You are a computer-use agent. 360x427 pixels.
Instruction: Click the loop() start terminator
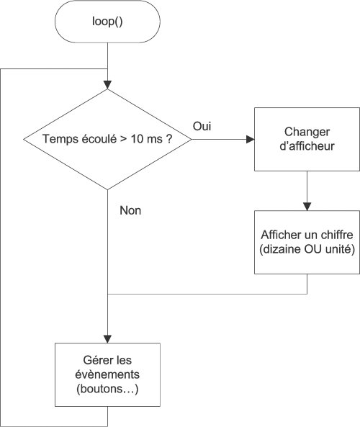(x=107, y=23)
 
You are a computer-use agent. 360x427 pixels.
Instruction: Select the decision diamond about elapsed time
(x=107, y=140)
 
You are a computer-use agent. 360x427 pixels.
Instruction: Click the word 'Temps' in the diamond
(x=58, y=140)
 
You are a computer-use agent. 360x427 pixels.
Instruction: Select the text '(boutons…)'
(x=107, y=389)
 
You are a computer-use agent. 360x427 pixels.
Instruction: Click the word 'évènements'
(x=107, y=375)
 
